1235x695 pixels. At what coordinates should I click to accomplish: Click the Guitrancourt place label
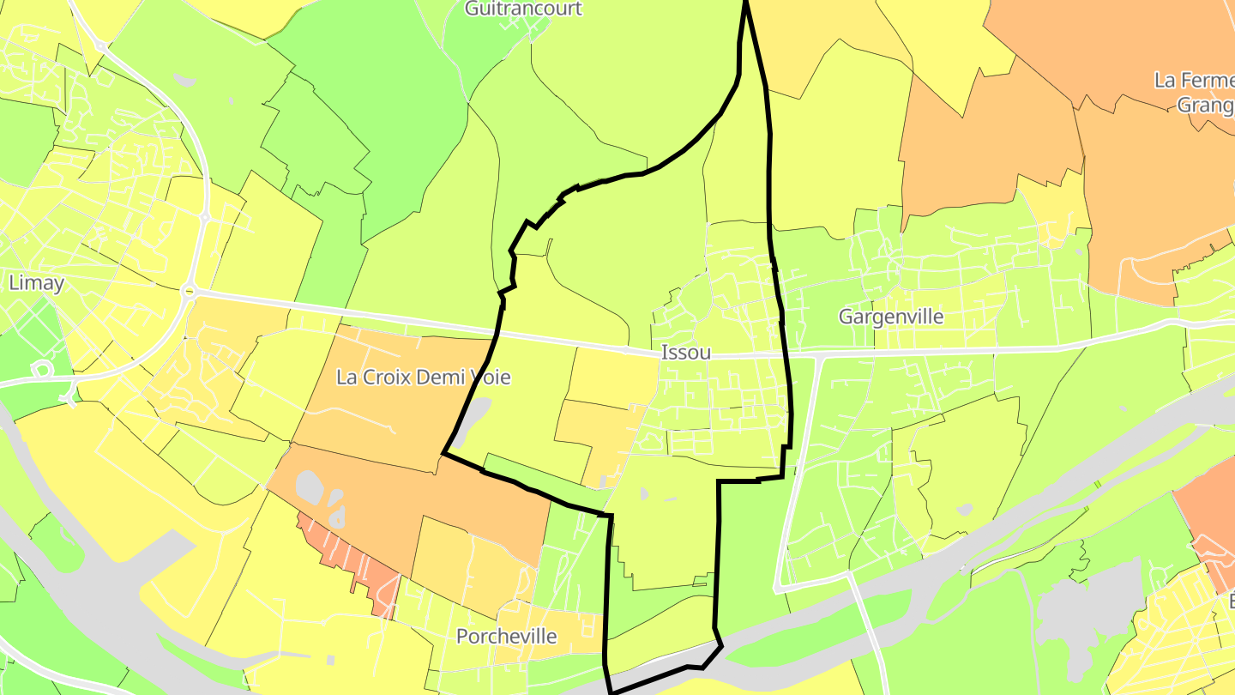coord(523,9)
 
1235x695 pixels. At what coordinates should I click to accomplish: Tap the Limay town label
coord(36,282)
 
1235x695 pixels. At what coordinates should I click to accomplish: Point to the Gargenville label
coord(891,317)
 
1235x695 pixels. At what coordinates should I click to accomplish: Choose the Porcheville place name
coord(506,637)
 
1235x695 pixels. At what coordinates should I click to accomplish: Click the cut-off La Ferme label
coord(1194,81)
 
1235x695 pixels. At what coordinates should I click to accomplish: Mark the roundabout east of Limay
coord(188,293)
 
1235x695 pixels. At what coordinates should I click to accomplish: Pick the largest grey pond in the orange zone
coord(310,487)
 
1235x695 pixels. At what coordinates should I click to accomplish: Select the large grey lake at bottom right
coord(1081,609)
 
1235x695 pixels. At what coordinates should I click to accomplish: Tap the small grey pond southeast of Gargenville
coord(964,510)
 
